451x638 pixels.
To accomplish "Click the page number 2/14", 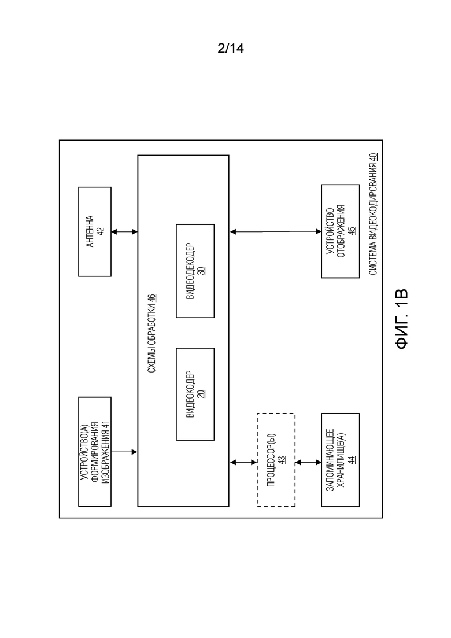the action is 231,49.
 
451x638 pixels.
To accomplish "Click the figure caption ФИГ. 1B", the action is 401,319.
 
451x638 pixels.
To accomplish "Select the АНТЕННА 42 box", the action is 95,231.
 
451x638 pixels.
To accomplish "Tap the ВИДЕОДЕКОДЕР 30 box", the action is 195,271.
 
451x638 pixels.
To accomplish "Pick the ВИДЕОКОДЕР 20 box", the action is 195,394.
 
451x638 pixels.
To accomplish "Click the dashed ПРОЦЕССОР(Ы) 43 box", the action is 276,460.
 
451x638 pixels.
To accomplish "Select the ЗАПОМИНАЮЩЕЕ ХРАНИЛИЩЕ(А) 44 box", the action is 341,460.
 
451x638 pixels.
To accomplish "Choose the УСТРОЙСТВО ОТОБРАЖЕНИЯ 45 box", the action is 341,231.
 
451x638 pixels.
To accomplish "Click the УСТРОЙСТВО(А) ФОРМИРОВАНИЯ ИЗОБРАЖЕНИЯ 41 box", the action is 95,452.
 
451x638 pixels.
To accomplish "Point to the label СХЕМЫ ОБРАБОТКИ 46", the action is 152,333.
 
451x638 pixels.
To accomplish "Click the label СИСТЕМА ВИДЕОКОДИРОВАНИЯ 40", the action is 374,214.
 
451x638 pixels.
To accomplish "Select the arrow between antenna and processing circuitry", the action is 124,232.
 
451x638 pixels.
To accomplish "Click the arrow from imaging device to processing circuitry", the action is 124,452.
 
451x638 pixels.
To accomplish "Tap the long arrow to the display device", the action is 275,232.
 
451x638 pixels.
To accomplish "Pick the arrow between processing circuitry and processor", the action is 243,462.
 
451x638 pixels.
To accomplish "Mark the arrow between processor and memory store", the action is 308,462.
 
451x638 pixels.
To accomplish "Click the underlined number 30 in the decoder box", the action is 202,271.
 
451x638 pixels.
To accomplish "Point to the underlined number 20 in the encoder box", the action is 202,393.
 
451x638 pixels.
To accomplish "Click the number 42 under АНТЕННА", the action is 101,231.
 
